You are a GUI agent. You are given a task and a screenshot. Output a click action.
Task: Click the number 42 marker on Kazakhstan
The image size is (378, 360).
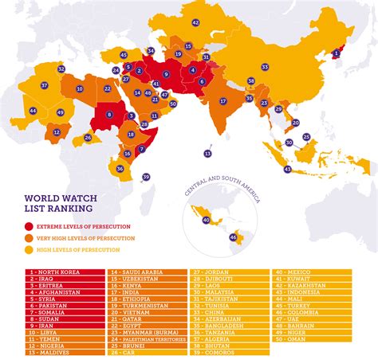click(195, 23)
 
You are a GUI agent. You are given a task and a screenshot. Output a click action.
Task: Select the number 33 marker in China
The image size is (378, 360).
click(265, 67)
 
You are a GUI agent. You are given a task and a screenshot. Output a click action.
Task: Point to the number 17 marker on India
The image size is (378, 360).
click(223, 101)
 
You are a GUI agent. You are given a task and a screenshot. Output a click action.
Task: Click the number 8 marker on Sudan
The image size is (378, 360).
click(108, 115)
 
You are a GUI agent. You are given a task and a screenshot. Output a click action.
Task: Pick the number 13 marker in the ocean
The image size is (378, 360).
click(208, 154)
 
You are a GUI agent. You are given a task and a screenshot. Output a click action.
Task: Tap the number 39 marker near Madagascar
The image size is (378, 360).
click(146, 177)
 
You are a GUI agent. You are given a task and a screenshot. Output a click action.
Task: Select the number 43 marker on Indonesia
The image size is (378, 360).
click(287, 169)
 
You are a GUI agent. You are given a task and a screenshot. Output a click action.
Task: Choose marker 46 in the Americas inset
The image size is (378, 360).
click(233, 237)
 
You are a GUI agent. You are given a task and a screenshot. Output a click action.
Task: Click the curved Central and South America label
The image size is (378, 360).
click(221, 182)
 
